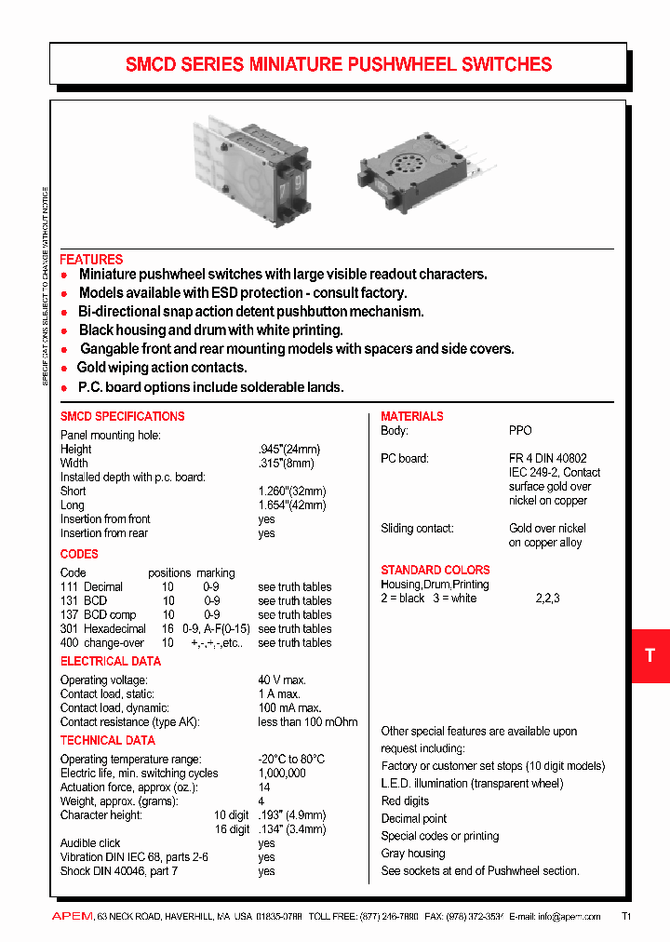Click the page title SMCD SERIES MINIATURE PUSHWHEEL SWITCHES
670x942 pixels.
[339, 64]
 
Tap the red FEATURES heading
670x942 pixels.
[91, 260]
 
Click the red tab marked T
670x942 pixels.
[650, 655]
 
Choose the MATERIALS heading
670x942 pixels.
[412, 416]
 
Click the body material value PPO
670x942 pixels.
[520, 431]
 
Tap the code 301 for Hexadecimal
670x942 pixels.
[70, 629]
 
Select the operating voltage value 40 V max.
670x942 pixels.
[282, 680]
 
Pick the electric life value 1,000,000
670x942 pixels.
[282, 774]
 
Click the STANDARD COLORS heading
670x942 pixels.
[435, 570]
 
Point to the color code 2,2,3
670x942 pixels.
[547, 599]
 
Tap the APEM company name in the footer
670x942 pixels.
[72, 917]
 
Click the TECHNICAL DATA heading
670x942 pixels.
[108, 740]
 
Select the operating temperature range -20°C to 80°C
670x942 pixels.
[291, 760]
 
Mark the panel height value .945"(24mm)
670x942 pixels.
[292, 450]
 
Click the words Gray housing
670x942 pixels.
[413, 854]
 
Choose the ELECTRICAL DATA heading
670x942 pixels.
[111, 661]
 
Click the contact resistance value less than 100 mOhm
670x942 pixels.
[307, 722]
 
